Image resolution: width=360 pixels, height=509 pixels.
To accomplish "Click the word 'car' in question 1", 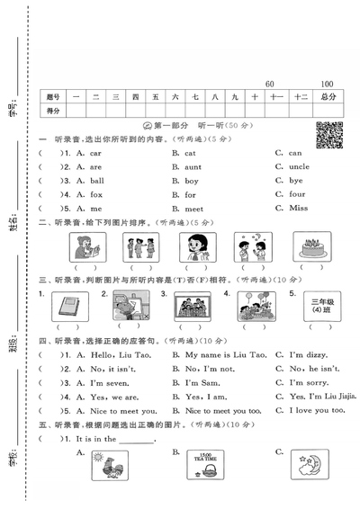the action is (x=95, y=153).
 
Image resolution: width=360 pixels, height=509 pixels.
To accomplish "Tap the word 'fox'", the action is (x=95, y=194).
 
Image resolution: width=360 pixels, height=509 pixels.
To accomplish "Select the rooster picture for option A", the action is (x=109, y=466).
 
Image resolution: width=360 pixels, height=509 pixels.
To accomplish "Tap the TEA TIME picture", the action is (x=211, y=466).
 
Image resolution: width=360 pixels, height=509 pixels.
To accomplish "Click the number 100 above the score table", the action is (x=326, y=84).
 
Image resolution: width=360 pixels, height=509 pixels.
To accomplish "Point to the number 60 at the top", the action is (x=271, y=84).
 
